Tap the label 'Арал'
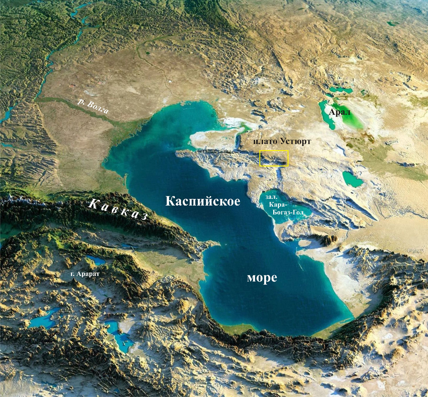pos(340,113)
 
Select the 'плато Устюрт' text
pos(282,141)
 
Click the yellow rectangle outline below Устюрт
pos(274,158)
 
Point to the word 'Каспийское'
pos(203,201)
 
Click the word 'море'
pos(262,278)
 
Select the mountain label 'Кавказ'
pos(118,209)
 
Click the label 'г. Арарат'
pos(85,274)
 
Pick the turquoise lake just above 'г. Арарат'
pos(96,260)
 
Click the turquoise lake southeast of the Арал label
pos(352,179)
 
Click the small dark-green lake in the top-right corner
pos(393,24)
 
